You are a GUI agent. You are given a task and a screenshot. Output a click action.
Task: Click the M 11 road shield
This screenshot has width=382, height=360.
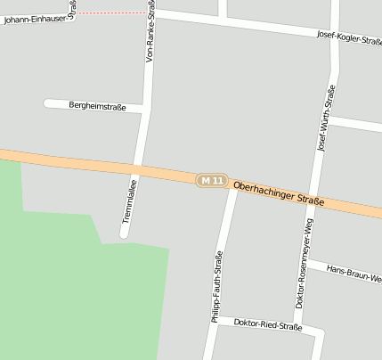click(212, 180)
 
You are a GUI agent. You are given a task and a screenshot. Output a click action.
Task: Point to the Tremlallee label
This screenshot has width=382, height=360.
click(130, 201)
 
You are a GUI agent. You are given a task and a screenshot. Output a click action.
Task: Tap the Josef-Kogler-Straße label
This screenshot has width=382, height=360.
click(349, 37)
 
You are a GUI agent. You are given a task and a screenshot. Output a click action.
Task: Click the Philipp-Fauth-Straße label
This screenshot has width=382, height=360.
click(217, 286)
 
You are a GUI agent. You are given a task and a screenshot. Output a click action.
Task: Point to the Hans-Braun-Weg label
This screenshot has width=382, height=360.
click(354, 272)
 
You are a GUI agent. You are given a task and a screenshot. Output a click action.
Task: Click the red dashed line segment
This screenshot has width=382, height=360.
click(110, 13)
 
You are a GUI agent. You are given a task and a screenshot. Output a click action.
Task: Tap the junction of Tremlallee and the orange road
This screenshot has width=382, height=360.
click(135, 169)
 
